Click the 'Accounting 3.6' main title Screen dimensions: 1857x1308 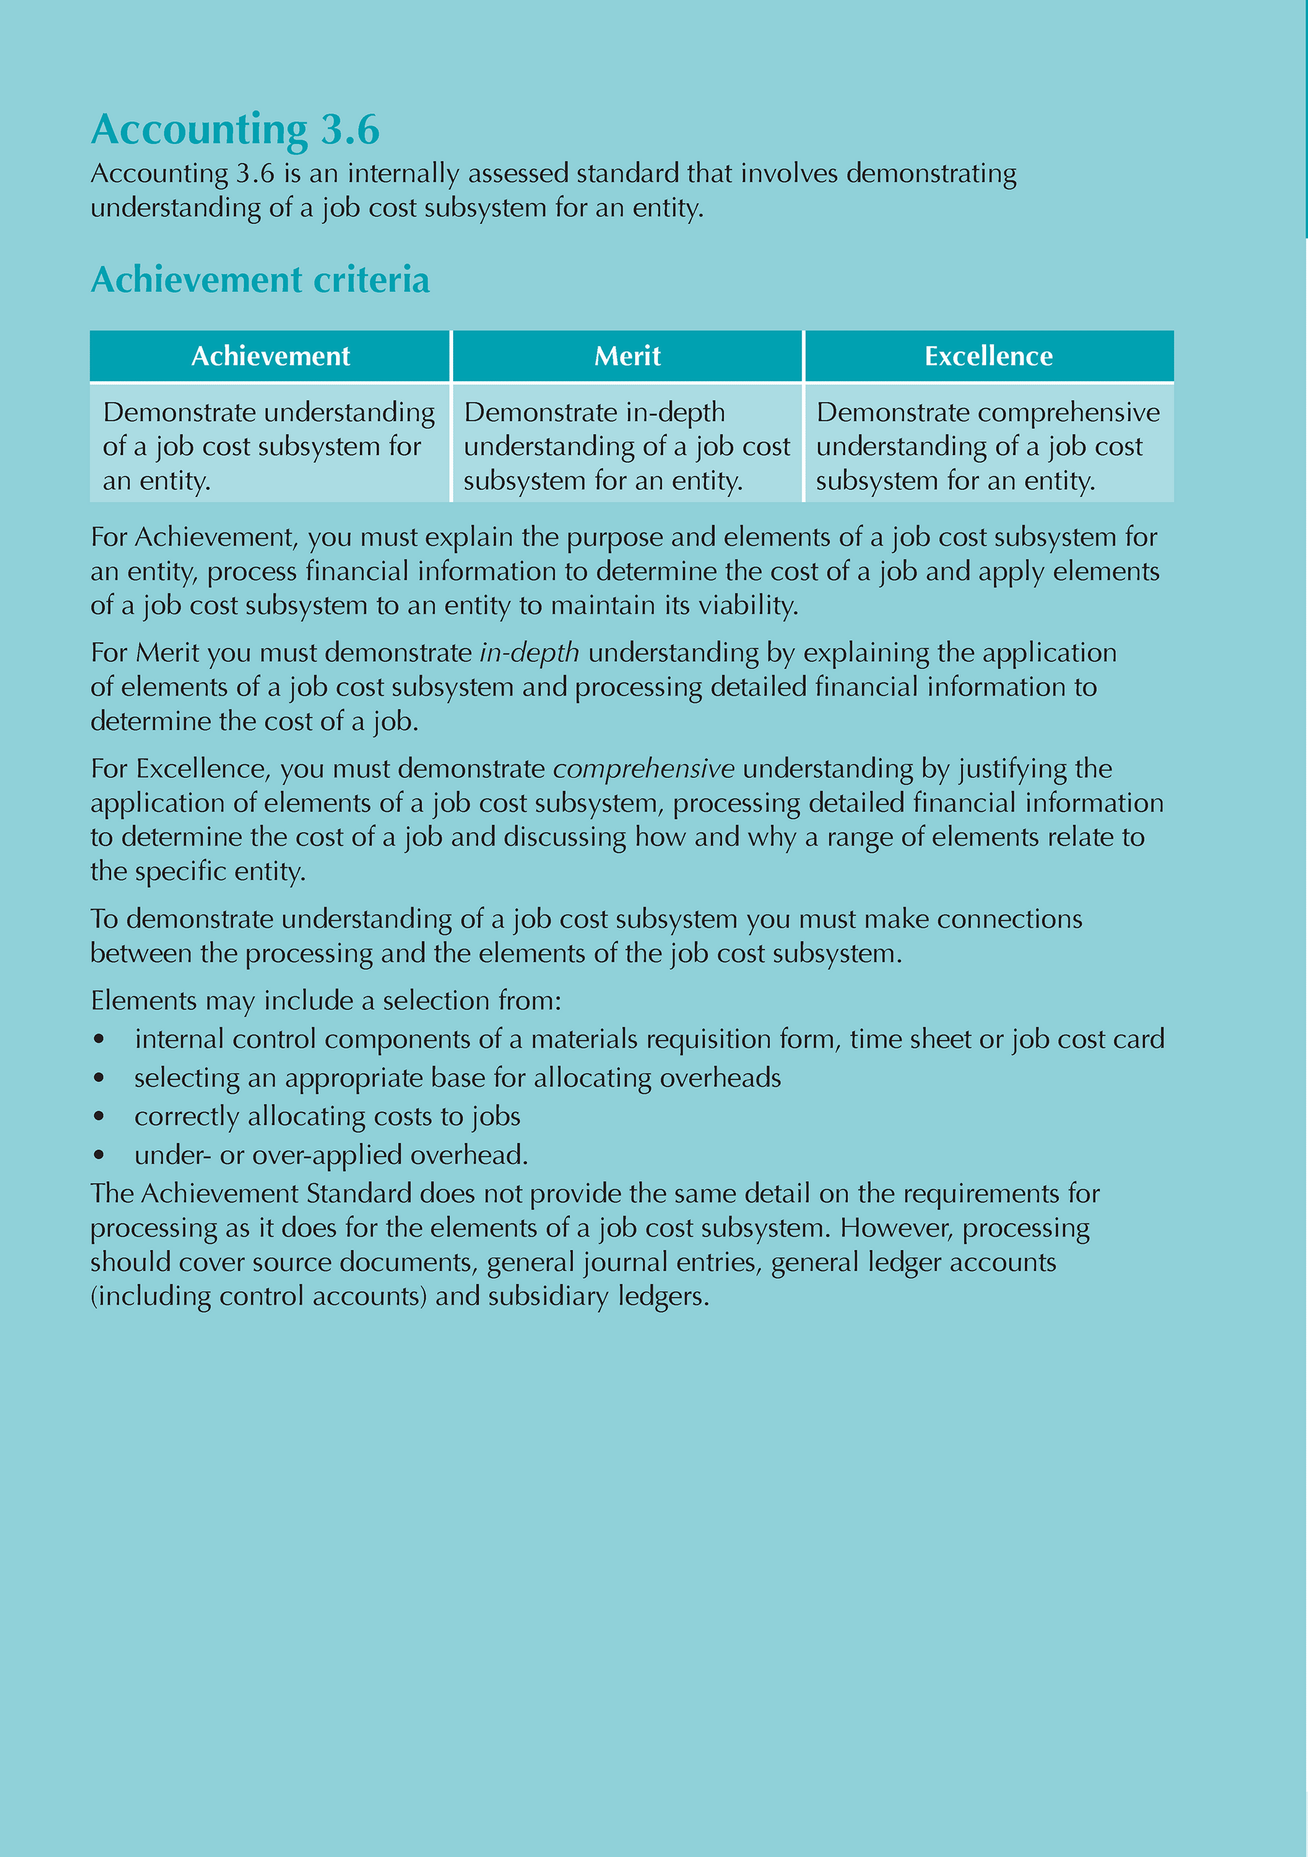pos(235,130)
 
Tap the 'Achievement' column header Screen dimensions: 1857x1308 pos(270,356)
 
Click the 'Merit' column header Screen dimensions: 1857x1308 pos(627,356)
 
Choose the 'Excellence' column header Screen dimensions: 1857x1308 pos(989,356)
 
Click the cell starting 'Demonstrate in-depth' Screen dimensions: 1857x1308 pos(627,446)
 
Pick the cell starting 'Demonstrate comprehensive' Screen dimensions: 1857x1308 pos(989,446)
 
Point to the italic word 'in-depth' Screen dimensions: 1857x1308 pos(529,653)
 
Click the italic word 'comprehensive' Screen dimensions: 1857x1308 pos(643,768)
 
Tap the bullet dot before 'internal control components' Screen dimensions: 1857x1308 pos(99,1039)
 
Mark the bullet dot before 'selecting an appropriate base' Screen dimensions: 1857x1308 pos(99,1078)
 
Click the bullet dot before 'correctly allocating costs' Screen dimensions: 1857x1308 pos(99,1117)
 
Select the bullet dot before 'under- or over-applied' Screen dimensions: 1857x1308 pos(99,1155)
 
